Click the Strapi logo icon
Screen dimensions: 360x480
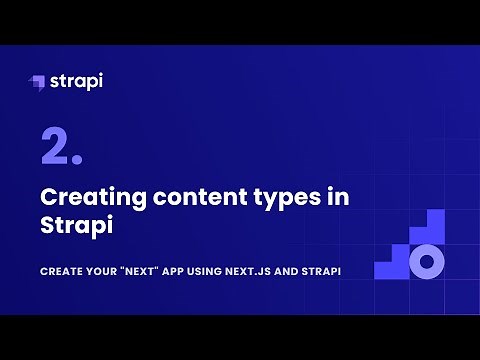[37, 81]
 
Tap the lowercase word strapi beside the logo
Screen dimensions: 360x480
[76, 80]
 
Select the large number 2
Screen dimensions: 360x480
[53, 147]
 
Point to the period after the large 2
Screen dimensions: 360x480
[77, 162]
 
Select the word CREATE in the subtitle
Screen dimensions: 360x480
[60, 272]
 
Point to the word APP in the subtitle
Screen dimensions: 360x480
[190, 272]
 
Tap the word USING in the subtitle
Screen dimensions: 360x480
[226, 272]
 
